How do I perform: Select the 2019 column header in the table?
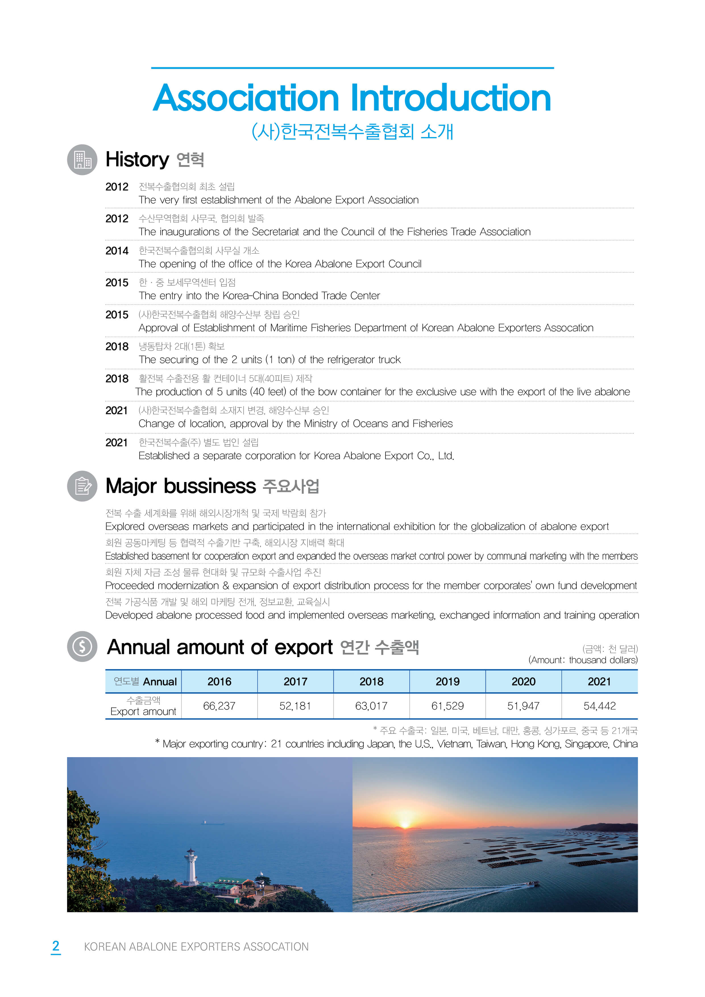(x=447, y=682)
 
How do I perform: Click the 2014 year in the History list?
(x=117, y=251)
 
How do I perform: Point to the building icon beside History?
(x=82, y=160)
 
